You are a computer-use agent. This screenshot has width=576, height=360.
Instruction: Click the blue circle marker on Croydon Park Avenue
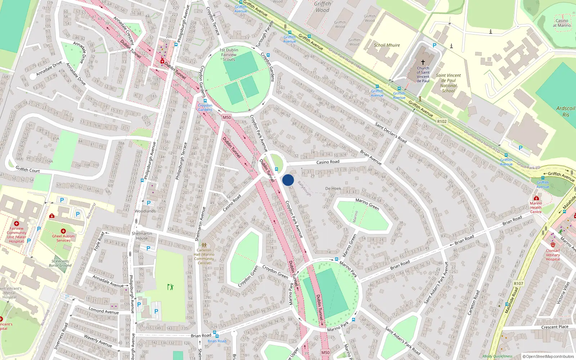[288, 180]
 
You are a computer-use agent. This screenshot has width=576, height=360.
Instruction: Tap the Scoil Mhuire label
[387, 45]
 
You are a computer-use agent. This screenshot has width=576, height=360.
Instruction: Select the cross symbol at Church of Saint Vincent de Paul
[423, 62]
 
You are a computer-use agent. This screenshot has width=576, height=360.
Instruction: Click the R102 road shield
[442, 121]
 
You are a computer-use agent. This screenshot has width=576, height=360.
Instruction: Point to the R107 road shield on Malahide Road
[518, 283]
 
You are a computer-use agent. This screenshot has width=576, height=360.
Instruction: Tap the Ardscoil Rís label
[566, 111]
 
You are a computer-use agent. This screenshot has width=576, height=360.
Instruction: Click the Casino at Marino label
[562, 23]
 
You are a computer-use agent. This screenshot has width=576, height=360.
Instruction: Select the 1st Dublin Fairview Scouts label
[229, 55]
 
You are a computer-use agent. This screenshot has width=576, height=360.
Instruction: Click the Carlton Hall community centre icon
[204, 245]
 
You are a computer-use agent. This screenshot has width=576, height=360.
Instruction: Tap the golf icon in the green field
[170, 287]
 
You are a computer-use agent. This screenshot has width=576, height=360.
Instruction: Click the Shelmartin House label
[142, 236]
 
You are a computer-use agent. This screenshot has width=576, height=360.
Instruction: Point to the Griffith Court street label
[28, 169]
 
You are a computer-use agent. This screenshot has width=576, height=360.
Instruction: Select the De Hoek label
[333, 188]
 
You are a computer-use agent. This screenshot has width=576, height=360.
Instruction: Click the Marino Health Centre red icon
[536, 198]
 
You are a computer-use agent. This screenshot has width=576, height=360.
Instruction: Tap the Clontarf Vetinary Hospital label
[553, 255]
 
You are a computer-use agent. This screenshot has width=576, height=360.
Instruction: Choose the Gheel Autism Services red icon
[63, 231]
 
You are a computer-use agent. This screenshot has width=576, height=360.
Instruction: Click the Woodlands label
[145, 211]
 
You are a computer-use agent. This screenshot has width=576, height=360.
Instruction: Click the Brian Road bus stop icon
[215, 333]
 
